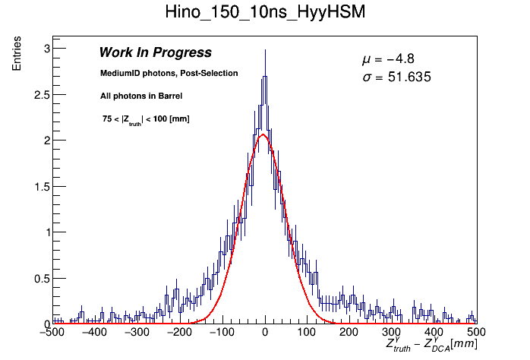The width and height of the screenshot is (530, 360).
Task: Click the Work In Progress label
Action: [155, 53]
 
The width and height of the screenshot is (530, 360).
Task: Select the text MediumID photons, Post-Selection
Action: [169, 74]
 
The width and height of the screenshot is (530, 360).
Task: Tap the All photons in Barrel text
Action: [140, 96]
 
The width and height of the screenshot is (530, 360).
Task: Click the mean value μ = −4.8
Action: [387, 59]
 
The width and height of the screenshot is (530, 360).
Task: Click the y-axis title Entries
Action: [17, 55]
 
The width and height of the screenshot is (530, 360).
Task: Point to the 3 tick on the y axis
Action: [46, 49]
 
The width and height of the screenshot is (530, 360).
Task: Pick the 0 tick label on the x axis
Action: [264, 333]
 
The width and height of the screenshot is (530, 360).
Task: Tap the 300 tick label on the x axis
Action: [392, 333]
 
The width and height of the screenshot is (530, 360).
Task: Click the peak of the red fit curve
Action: [263, 135]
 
